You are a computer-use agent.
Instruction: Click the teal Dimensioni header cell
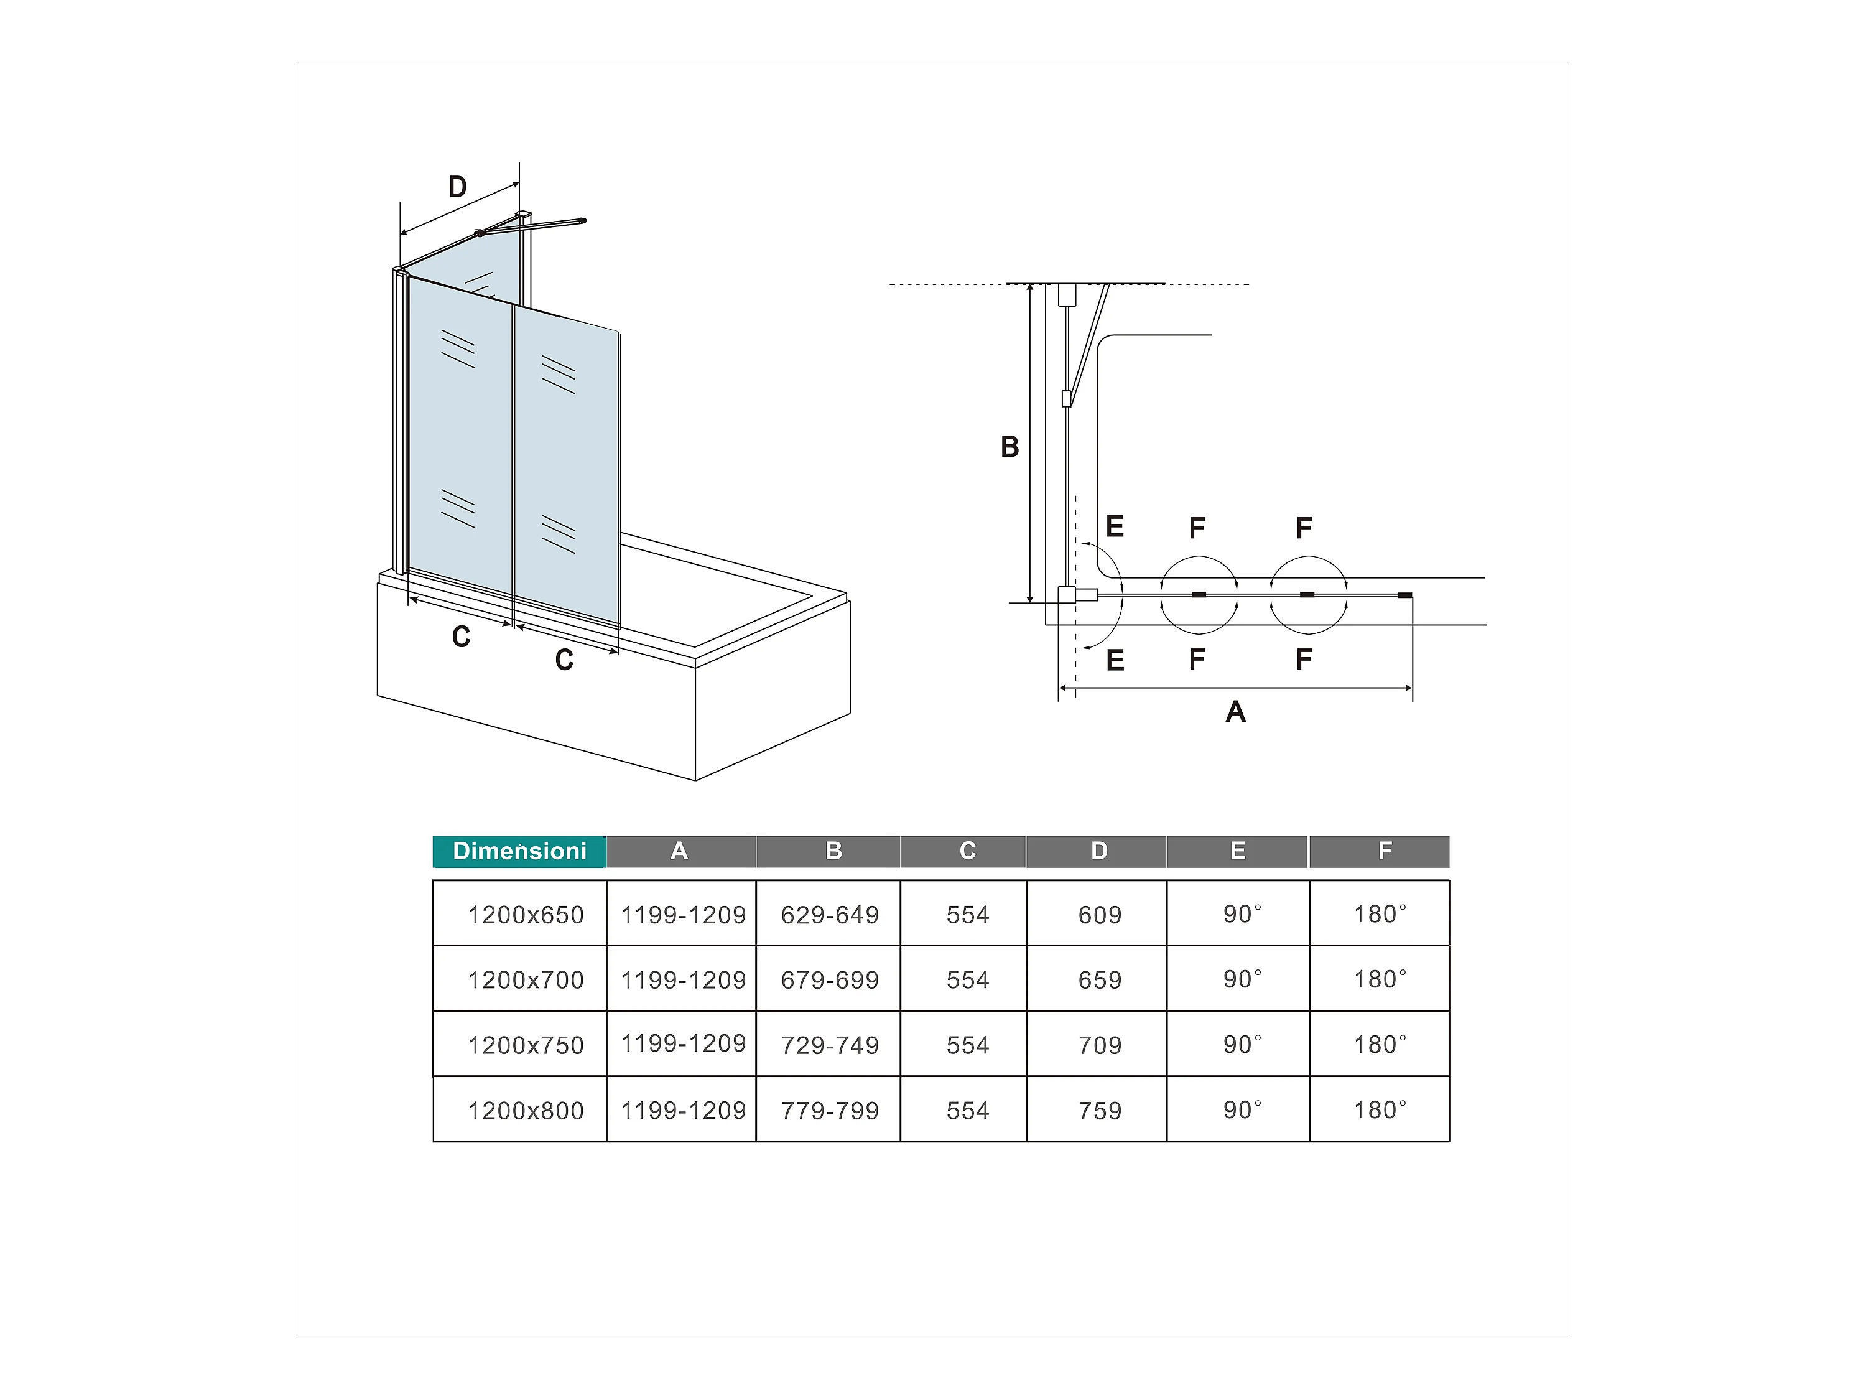[519, 851]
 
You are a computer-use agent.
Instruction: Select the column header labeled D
[1098, 851]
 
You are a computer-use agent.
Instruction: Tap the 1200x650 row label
[526, 915]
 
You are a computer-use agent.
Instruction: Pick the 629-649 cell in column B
[829, 915]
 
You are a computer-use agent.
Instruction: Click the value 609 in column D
[1099, 915]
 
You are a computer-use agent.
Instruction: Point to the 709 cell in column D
[1099, 1045]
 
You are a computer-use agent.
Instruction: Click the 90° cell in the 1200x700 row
[1242, 979]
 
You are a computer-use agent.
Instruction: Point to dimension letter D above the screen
[457, 187]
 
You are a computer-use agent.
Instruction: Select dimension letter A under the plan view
[1235, 711]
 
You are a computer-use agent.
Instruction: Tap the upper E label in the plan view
[1115, 526]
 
